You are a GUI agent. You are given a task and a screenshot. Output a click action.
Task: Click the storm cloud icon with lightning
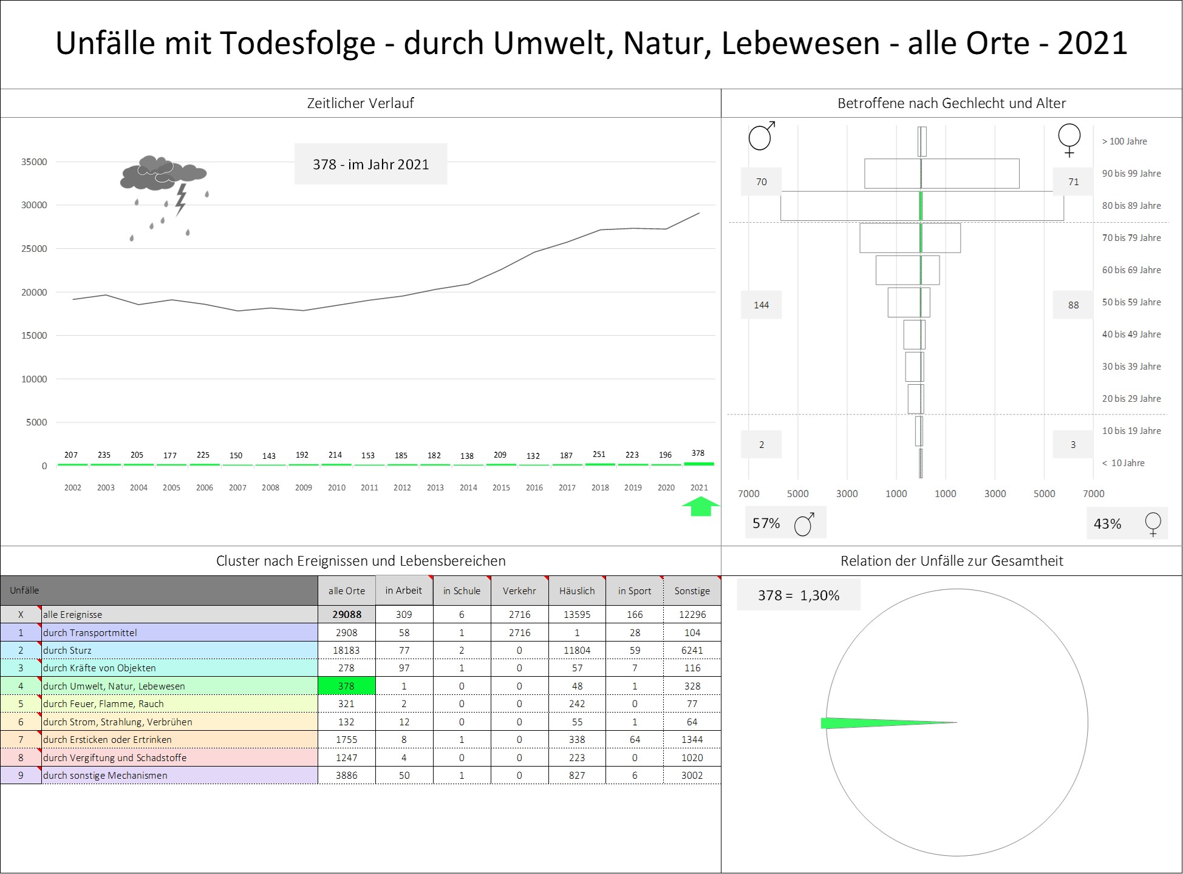pyautogui.click(x=164, y=182)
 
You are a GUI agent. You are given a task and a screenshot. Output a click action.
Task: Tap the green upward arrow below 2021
pyautogui.click(x=700, y=507)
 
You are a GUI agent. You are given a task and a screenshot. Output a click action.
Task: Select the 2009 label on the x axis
pyautogui.click(x=303, y=487)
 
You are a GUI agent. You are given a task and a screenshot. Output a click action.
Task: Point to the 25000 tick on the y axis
pyautogui.click(x=34, y=249)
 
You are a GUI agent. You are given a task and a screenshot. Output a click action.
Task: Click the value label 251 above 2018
pyautogui.click(x=599, y=454)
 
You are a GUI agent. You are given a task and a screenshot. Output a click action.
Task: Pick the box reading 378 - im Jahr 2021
pyautogui.click(x=370, y=164)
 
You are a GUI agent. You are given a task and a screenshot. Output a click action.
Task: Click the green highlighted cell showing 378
pyautogui.click(x=346, y=686)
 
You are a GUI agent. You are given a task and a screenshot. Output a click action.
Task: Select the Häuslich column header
pyautogui.click(x=577, y=591)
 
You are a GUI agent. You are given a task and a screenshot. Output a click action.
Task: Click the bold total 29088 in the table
pyautogui.click(x=346, y=614)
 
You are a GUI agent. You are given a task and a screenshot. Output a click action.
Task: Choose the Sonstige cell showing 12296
pyautogui.click(x=692, y=614)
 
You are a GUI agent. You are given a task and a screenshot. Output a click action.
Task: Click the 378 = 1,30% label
pyautogui.click(x=798, y=595)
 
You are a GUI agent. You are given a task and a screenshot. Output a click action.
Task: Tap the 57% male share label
pyautogui.click(x=766, y=523)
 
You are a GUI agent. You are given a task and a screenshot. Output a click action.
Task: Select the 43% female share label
pyautogui.click(x=1107, y=524)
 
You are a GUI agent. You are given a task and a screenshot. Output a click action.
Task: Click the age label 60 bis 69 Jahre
pyautogui.click(x=1131, y=270)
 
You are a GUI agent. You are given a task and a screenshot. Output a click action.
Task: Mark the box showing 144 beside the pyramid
pyautogui.click(x=761, y=305)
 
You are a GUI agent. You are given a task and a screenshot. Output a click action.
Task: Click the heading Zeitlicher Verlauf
pyautogui.click(x=360, y=103)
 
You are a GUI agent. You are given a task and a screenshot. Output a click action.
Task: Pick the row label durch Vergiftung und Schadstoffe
pyautogui.click(x=115, y=757)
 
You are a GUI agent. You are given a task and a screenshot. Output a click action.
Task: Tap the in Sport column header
pyautogui.click(x=634, y=591)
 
